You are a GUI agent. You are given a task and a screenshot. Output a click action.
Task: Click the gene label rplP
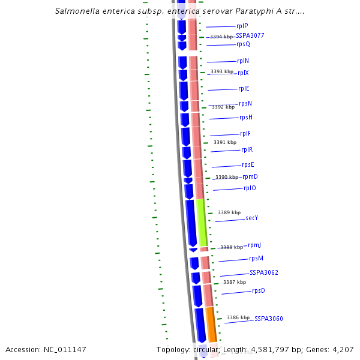[x=242, y=26]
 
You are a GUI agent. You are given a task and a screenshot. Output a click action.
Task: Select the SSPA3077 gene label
[x=250, y=35]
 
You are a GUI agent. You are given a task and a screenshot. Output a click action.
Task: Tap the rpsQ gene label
[x=243, y=44]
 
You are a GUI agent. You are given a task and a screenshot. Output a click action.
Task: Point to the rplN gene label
[x=243, y=61]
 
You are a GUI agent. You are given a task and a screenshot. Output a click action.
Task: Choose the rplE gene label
[x=244, y=88]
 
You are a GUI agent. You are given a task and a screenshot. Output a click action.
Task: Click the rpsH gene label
[x=246, y=117]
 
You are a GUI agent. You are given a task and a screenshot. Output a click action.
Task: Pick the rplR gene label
[x=247, y=149]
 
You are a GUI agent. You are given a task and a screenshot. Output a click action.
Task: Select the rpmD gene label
[x=250, y=176]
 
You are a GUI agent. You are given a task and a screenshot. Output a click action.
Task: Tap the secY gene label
[x=251, y=218]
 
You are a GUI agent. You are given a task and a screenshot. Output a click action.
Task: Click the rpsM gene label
[x=256, y=258]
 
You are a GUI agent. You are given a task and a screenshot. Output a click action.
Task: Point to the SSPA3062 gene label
[x=264, y=272]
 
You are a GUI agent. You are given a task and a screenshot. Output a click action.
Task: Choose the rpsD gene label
[x=259, y=290]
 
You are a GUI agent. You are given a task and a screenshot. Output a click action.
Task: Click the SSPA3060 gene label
[x=268, y=319]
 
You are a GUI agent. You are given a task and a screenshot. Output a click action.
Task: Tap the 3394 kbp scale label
[x=222, y=37]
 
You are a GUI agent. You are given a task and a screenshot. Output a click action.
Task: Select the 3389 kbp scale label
[x=229, y=212]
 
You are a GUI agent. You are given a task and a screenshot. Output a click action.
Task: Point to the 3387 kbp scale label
[x=235, y=282]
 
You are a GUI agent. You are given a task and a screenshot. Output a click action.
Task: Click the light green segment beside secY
[x=202, y=222]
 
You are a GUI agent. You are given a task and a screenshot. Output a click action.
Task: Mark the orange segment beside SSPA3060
[x=211, y=324]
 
